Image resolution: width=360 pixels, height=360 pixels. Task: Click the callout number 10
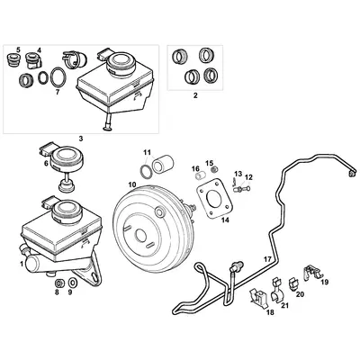tap(131, 185)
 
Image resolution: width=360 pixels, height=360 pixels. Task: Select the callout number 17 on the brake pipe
tap(266, 259)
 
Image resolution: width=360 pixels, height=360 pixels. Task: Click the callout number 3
tap(80, 138)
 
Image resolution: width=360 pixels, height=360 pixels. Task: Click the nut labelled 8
tap(58, 278)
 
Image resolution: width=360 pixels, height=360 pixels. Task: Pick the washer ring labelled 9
tap(73, 279)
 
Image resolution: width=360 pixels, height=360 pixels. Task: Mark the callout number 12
tap(249, 177)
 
